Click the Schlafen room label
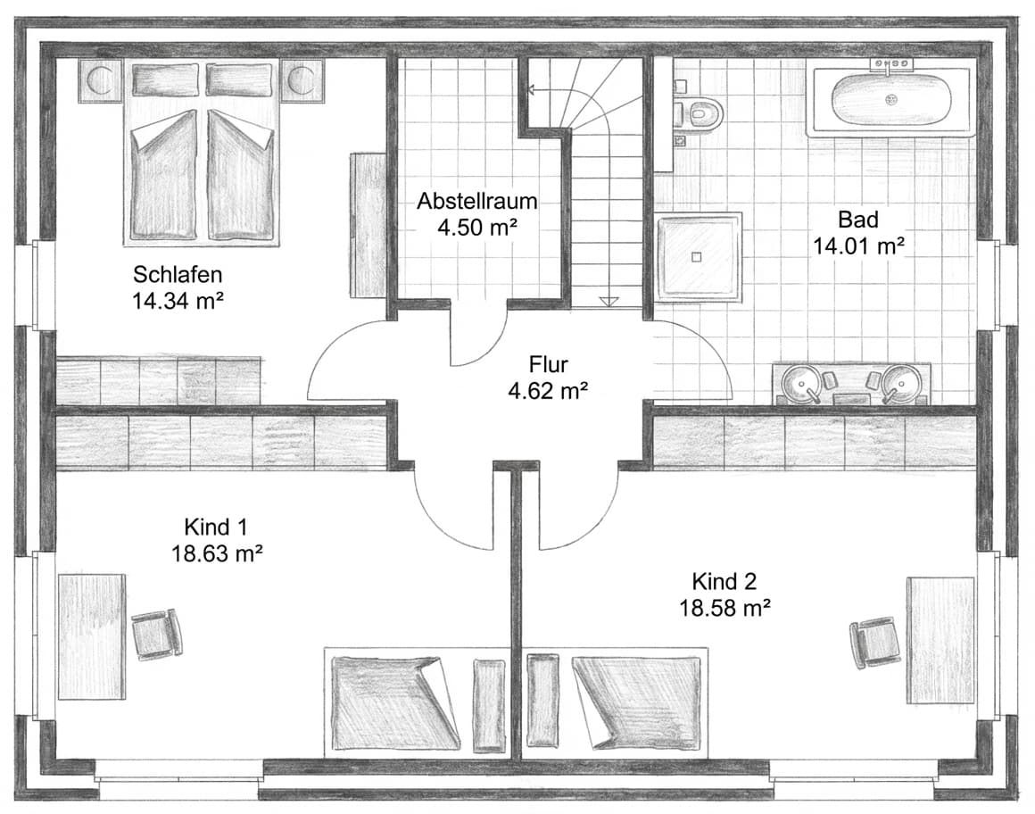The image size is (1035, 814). point(178,273)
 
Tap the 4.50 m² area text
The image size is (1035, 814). point(477,227)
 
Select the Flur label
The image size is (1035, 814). point(549,364)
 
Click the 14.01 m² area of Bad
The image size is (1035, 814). point(858,245)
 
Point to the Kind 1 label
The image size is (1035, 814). point(216,525)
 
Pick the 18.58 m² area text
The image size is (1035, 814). point(724,608)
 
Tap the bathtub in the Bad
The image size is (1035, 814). point(890,101)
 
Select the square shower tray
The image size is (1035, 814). point(700,257)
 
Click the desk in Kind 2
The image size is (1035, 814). point(940,640)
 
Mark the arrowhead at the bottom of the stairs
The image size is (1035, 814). point(609,301)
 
